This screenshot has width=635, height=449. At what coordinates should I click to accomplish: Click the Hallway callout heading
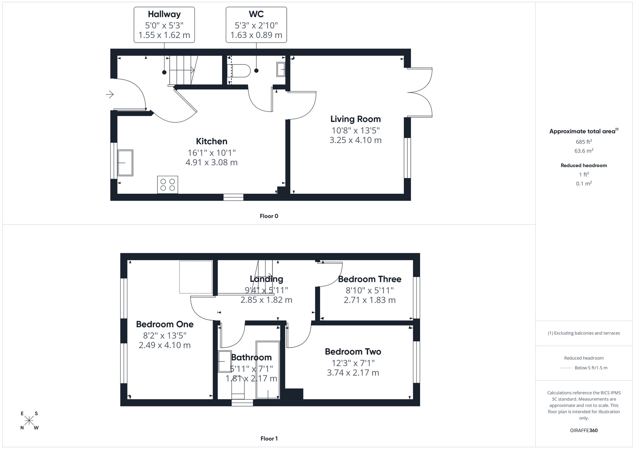pyautogui.click(x=164, y=14)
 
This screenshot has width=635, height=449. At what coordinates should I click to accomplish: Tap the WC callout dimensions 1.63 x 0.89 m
pyautogui.click(x=256, y=35)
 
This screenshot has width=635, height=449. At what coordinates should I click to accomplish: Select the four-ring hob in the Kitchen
pyautogui.click(x=168, y=185)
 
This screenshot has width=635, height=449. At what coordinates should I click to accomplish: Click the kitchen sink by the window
pyautogui.click(x=125, y=163)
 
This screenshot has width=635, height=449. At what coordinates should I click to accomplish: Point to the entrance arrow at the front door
pyautogui.click(x=110, y=95)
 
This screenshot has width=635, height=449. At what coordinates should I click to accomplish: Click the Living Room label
pyautogui.click(x=355, y=119)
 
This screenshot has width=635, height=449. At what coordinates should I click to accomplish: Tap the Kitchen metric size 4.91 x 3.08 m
pyautogui.click(x=211, y=163)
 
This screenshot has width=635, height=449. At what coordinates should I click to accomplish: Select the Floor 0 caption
pyautogui.click(x=269, y=216)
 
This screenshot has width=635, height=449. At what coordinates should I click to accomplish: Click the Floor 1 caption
pyautogui.click(x=269, y=439)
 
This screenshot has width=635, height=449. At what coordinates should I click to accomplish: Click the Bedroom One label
pyautogui.click(x=164, y=324)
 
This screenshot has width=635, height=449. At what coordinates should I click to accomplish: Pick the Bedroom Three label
pyautogui.click(x=369, y=279)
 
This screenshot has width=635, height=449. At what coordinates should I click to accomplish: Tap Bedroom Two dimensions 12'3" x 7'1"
pyautogui.click(x=353, y=363)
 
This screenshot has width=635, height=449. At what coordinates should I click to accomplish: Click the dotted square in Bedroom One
pyautogui.click(x=196, y=277)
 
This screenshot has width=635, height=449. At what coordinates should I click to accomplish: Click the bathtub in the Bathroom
pyautogui.click(x=268, y=369)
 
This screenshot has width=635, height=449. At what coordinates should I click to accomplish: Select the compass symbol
pyautogui.click(x=29, y=421)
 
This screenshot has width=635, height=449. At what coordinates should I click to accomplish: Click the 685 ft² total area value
pyautogui.click(x=584, y=142)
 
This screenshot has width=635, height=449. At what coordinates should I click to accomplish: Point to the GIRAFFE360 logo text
pyautogui.click(x=584, y=430)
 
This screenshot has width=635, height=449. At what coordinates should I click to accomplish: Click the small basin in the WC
pyautogui.click(x=281, y=69)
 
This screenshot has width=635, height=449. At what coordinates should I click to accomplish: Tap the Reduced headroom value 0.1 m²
pyautogui.click(x=584, y=183)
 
